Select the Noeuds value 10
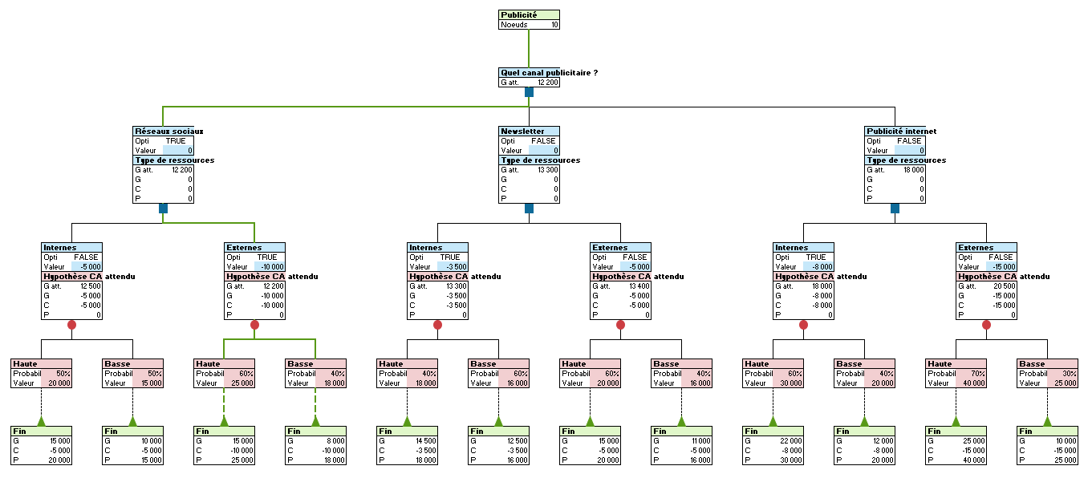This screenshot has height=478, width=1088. [554, 25]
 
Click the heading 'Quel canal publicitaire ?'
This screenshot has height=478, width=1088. [549, 72]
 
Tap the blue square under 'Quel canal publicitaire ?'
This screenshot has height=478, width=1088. [529, 92]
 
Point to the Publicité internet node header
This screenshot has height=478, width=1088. [900, 131]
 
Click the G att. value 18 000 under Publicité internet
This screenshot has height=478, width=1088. [912, 170]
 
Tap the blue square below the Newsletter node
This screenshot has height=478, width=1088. [529, 209]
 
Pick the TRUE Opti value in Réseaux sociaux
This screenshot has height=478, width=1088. [175, 141]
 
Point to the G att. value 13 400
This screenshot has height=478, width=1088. [637, 286]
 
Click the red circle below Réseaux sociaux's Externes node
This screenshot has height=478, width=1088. [254, 326]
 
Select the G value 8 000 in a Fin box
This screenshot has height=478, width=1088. [334, 441]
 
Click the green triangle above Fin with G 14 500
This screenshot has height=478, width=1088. [407, 421]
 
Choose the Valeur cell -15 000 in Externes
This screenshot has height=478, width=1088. [1003, 267]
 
